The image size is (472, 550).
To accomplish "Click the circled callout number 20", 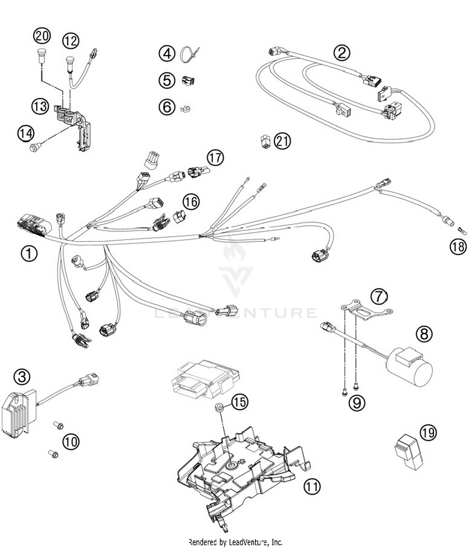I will tap(42, 36).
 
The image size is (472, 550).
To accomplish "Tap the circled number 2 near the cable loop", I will tap(342, 53).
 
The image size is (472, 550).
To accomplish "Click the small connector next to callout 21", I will tap(266, 141).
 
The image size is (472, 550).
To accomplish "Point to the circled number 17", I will tap(215, 157).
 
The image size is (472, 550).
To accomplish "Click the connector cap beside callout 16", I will tap(179, 216).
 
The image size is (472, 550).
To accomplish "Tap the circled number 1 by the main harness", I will tap(29, 253).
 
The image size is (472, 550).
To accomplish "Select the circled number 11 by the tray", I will tap(312, 486).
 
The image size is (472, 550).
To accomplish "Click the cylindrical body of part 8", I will tap(412, 368).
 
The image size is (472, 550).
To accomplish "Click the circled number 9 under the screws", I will tap(357, 403).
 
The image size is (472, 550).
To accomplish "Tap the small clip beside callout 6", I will tap(186, 109).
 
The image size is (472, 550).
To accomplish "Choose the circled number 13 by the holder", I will tap(40, 106).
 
